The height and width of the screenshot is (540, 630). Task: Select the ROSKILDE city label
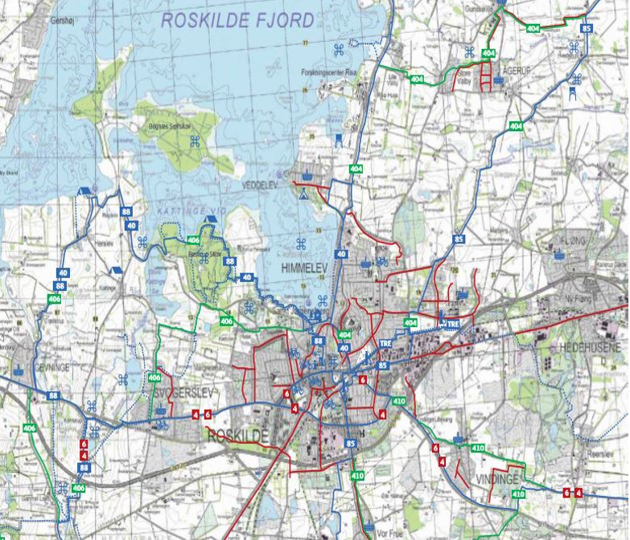(236, 435)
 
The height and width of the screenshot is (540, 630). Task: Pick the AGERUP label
(517, 70)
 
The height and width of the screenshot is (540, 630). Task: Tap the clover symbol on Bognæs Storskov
(195, 142)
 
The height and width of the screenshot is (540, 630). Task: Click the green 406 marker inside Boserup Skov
(193, 240)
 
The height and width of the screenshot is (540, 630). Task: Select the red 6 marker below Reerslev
(566, 492)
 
